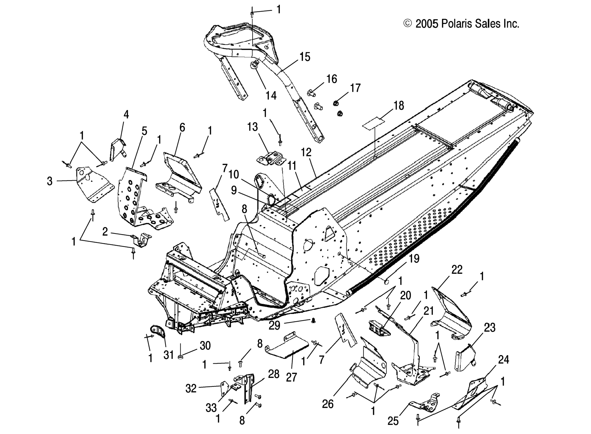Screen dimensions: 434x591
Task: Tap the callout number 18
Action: tap(398, 105)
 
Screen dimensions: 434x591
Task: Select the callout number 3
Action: tap(50, 181)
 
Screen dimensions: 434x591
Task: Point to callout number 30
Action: tap(205, 346)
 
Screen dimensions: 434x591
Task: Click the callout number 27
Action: tap(292, 377)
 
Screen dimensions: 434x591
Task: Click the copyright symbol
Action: tap(407, 23)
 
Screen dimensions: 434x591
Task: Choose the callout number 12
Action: tap(306, 152)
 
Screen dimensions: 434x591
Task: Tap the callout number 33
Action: tap(211, 408)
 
